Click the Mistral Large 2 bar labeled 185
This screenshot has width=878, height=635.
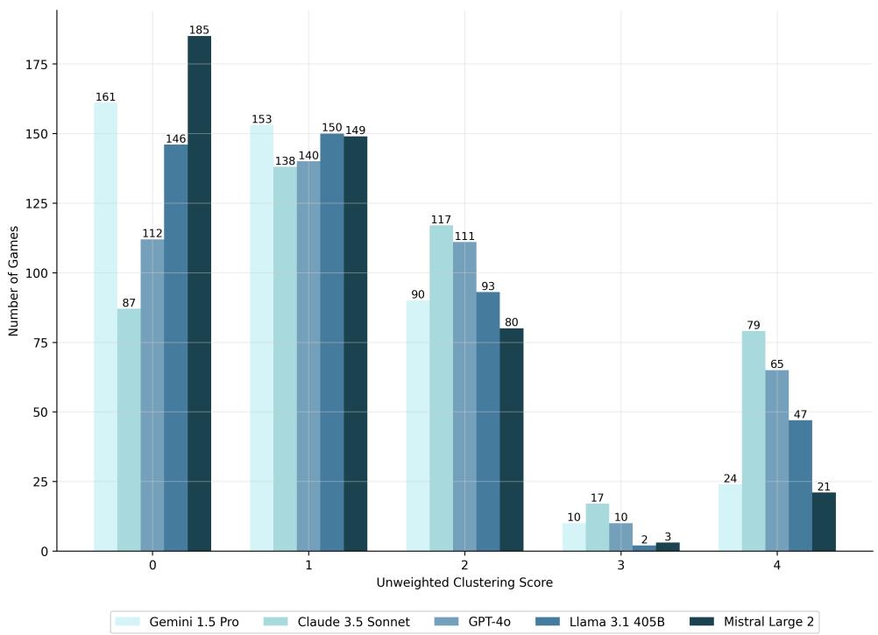pyautogui.click(x=199, y=293)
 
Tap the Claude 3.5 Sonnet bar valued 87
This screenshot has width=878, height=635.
pyautogui.click(x=129, y=429)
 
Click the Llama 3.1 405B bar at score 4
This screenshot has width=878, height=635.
pyautogui.click(x=800, y=485)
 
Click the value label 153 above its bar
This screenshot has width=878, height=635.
pyautogui.click(x=262, y=119)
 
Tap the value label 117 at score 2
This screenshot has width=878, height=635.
pyautogui.click(x=441, y=219)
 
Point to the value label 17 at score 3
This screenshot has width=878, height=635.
pyautogui.click(x=597, y=497)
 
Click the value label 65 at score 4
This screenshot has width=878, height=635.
pyautogui.click(x=776, y=363)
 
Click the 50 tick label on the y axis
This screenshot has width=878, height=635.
pyautogui.click(x=42, y=412)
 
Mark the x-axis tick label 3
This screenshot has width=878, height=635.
pyautogui.click(x=620, y=566)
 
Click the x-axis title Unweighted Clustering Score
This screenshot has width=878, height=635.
pyautogui.click(x=464, y=582)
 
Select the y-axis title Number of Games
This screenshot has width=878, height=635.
pyautogui.click(x=13, y=279)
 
